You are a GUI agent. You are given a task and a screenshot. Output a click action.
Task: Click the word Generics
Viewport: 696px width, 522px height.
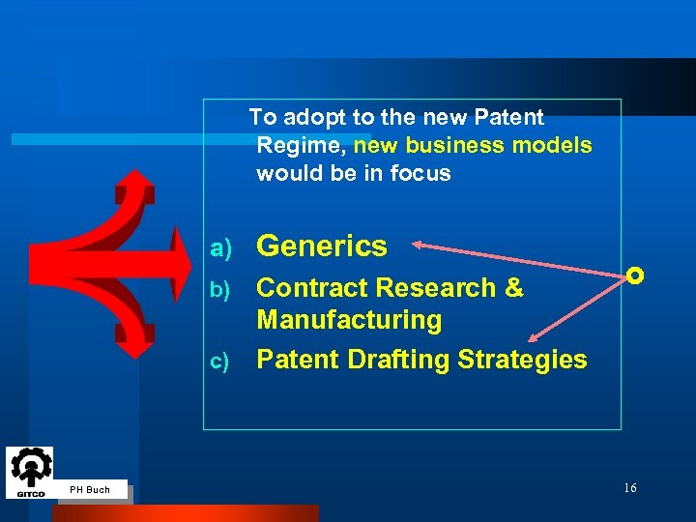322,246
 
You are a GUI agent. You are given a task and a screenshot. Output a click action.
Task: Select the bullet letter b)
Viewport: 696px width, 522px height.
221,290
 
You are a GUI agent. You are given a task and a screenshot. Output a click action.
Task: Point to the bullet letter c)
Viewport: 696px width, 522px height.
221,362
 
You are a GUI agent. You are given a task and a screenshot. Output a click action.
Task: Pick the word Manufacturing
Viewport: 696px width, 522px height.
349,320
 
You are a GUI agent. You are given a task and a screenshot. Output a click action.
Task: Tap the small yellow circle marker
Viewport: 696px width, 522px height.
634,275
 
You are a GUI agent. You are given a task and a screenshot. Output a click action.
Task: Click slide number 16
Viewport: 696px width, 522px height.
629,488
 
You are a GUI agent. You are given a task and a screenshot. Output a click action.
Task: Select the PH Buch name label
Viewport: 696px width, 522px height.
90,490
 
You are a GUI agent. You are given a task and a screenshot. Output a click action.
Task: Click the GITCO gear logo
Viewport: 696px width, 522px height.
30,471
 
